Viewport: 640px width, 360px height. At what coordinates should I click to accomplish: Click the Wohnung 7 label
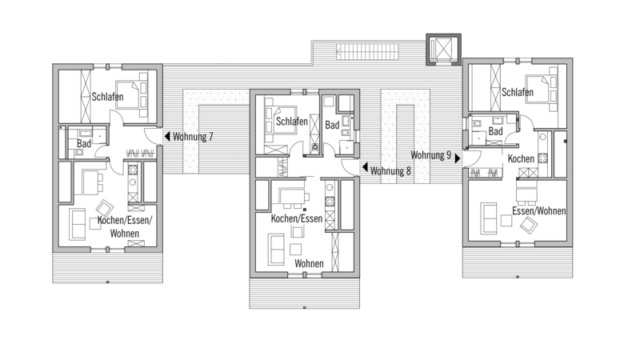[x=193, y=136]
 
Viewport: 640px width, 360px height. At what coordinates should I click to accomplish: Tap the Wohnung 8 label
[x=390, y=170]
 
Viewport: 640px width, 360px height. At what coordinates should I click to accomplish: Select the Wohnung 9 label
[x=430, y=155]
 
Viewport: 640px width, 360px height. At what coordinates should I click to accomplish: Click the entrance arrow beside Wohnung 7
[x=167, y=136]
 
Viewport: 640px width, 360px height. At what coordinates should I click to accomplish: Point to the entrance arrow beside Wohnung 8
[x=365, y=167]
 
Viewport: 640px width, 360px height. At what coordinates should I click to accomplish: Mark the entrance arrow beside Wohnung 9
[x=458, y=158]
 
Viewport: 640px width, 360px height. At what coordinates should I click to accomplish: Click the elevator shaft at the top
[x=444, y=50]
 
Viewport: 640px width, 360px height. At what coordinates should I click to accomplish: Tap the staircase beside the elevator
[x=367, y=52]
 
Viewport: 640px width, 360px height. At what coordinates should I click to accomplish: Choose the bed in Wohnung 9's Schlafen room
[x=542, y=90]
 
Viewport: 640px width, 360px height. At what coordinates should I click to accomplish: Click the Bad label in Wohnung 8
[x=332, y=125]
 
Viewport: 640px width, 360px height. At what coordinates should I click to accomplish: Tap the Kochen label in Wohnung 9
[x=521, y=158]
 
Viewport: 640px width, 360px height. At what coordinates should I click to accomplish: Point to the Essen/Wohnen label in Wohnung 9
[x=538, y=210]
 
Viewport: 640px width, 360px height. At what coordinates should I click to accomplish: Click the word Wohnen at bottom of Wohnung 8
[x=309, y=263]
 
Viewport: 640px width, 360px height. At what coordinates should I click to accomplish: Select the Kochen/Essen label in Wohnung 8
[x=297, y=218]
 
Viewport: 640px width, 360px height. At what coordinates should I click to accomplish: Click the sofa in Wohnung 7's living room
[x=77, y=224]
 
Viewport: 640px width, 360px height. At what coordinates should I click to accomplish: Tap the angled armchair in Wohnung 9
[x=529, y=225]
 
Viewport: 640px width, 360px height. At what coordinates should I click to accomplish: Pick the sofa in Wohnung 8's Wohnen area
[x=276, y=249]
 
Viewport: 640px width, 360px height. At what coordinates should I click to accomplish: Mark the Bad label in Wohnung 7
[x=84, y=143]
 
